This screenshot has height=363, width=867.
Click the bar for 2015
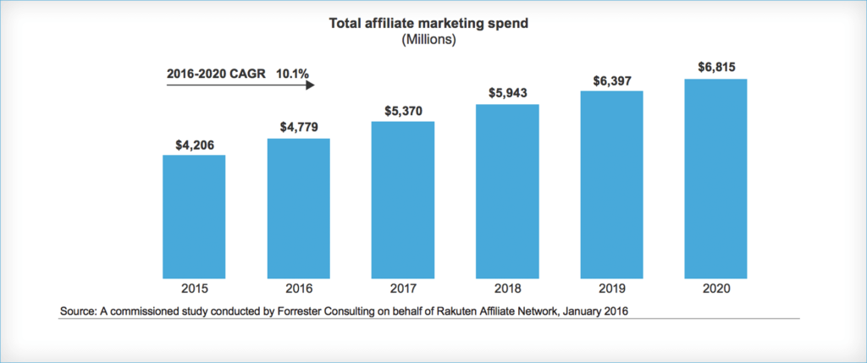[x=194, y=217]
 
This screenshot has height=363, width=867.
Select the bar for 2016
[x=299, y=208]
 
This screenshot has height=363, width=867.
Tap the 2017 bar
[x=403, y=201]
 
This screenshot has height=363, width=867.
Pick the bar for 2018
[x=507, y=191]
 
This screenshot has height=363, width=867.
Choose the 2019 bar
[x=612, y=184]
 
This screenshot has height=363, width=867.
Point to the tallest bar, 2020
[x=716, y=179]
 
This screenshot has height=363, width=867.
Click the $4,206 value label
[x=194, y=145]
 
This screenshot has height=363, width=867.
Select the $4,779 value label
[x=299, y=128]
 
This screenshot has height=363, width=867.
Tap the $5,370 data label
[x=403, y=111]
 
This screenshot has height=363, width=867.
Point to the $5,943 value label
[x=507, y=93]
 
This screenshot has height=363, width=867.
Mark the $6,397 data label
[x=612, y=80]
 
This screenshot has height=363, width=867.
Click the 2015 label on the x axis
[x=194, y=288]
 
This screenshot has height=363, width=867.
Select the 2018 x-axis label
[x=507, y=288]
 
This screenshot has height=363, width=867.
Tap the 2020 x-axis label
[x=716, y=288]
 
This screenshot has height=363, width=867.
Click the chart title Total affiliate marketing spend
[x=428, y=24]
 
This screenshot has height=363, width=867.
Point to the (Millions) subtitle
[x=428, y=40]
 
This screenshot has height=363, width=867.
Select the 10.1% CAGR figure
[x=292, y=74]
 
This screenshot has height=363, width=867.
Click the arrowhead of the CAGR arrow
[x=310, y=85]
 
